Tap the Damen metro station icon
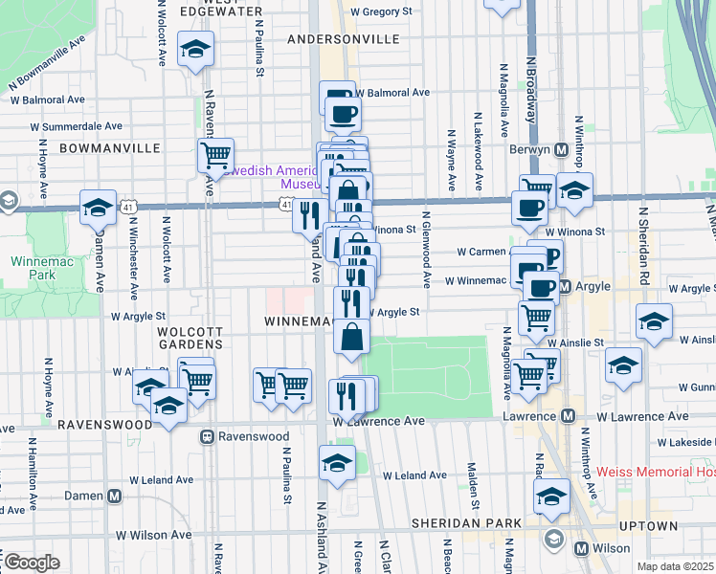[114, 497]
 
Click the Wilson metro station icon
[580, 548]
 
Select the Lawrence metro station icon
[567, 416]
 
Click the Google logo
[31, 562]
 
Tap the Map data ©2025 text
[675, 566]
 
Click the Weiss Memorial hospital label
[655, 472]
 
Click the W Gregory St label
[380, 11]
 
